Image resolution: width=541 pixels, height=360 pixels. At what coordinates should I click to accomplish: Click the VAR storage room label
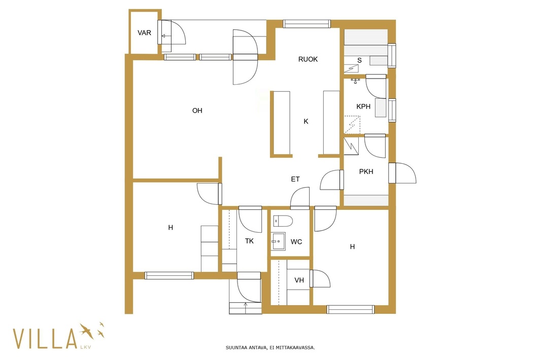pos(144,33)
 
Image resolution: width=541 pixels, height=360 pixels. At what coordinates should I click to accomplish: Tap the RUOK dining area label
pos(308,59)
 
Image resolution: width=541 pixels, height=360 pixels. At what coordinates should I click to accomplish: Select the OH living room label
pos(197,111)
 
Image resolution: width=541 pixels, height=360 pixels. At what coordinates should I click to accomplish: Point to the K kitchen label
pos(306,121)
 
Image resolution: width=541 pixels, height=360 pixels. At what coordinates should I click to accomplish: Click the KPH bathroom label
pos(363,106)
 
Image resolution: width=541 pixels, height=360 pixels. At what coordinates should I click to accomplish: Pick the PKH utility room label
pos(366,171)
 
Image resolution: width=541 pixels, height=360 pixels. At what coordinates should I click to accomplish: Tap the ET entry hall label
pos(295,179)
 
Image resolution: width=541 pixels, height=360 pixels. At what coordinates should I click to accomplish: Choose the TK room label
pos(250,241)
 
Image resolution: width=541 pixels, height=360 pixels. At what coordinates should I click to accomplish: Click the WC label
pos(296,242)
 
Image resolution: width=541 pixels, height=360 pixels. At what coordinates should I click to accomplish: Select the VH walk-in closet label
pos(299,280)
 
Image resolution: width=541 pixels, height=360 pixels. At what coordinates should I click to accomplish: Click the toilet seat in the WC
pos(283,221)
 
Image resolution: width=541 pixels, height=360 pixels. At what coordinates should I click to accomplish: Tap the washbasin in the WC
pos(278,241)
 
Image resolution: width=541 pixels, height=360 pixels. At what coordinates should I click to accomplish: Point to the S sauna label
pos(359,60)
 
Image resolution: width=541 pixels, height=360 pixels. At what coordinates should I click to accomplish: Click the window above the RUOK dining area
pos(307,24)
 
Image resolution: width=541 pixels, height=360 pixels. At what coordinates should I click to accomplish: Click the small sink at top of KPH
pos(355,81)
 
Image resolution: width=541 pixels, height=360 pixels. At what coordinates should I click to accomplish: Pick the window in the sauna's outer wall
pos(392,56)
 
